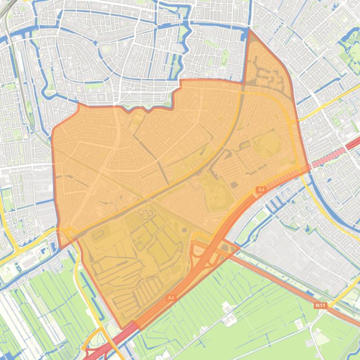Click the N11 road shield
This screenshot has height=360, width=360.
(320, 305)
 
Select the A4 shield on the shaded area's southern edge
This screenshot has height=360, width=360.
(171, 297)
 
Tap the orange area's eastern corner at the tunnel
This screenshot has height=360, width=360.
(308, 168)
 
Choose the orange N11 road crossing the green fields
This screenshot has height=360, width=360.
(281, 281)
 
